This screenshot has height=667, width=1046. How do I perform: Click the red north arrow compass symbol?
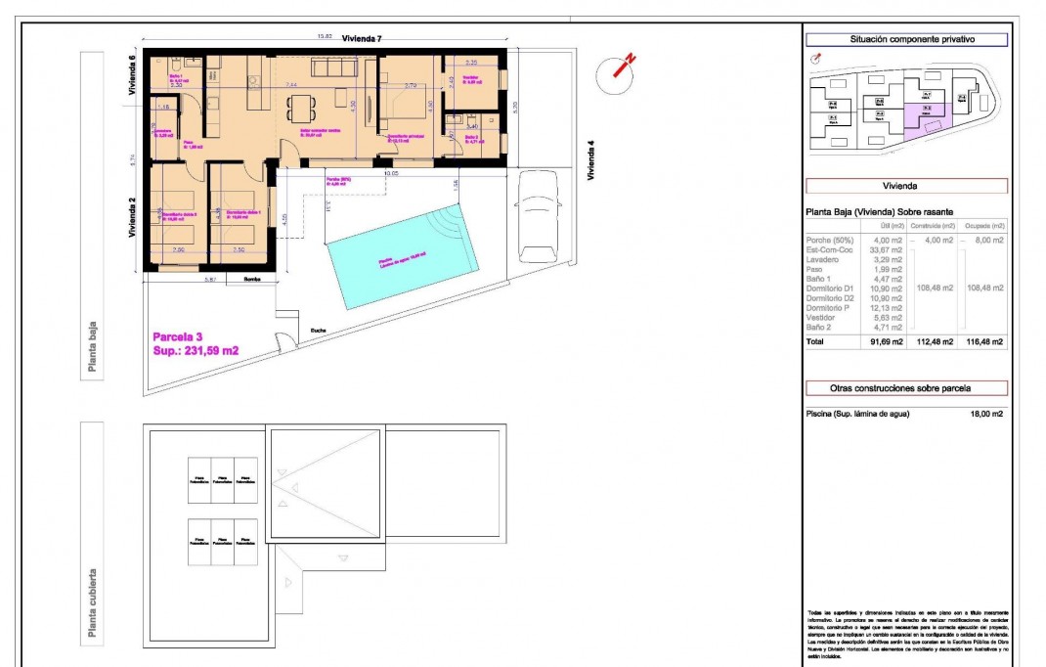pos(620,68)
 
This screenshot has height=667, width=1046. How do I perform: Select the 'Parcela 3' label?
pos(178,336)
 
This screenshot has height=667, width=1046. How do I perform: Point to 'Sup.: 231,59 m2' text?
pos(196,350)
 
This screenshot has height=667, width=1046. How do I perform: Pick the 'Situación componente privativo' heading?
pos(905,40)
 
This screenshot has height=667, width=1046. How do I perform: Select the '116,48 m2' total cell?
pos(984,342)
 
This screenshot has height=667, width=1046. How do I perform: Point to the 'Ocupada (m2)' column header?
pos(984,226)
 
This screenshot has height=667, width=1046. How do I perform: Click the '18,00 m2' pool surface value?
pos(985,414)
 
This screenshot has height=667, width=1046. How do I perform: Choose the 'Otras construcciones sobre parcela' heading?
pos(905,388)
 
